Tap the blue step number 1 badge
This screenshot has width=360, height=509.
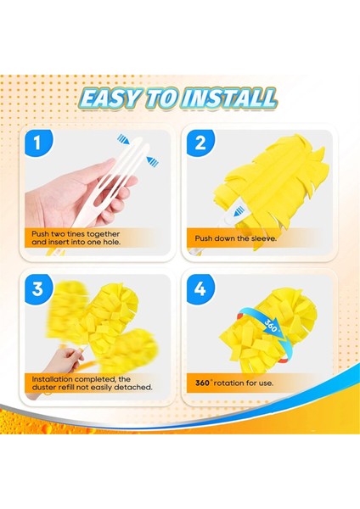(x=37, y=143)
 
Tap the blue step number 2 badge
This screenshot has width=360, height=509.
(x=200, y=143)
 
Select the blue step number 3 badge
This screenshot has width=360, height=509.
(x=37, y=288)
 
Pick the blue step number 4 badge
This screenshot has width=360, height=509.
(x=200, y=288)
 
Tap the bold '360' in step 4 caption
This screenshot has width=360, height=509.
(x=204, y=383)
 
